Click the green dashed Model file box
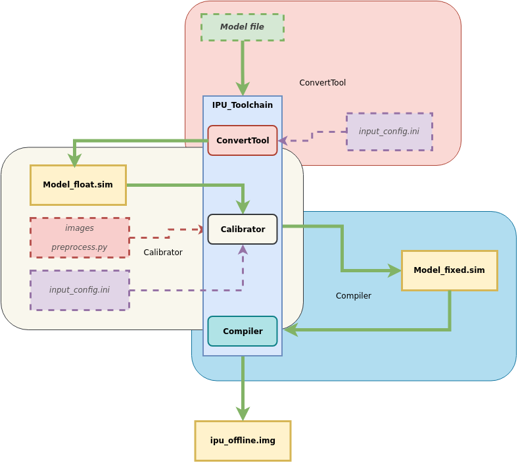[x=242, y=27]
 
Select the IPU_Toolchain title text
[x=242, y=105]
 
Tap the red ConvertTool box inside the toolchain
[x=243, y=141]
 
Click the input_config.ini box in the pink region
[x=389, y=132]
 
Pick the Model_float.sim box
[x=78, y=185]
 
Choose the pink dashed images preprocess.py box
[x=80, y=237]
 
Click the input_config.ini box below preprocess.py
[x=80, y=290]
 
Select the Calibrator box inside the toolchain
[x=243, y=230]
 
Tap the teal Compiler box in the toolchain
[x=243, y=331]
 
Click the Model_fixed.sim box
[x=449, y=270]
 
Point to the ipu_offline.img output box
[x=243, y=441]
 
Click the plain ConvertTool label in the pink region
[x=322, y=83]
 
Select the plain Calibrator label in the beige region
[x=163, y=253]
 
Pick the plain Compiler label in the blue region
[x=354, y=296]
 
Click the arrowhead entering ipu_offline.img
[x=243, y=414]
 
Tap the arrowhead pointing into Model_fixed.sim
[x=395, y=270]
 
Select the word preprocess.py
[x=80, y=247]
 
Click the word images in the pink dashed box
[x=80, y=228]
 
